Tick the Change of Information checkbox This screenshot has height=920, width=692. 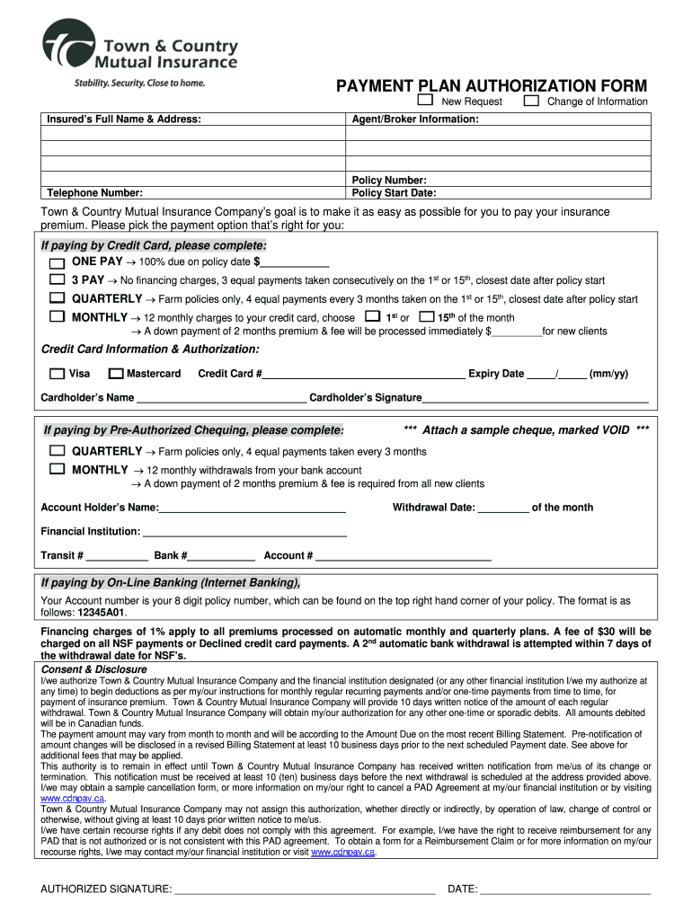tap(531, 101)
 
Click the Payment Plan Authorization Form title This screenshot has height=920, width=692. tap(492, 85)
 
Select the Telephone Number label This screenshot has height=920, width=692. tap(94, 192)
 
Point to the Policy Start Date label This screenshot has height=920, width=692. tap(394, 192)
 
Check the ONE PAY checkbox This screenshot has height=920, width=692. tap(57, 262)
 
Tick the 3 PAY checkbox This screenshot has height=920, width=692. tap(57, 280)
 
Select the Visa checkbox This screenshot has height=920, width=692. tap(57, 374)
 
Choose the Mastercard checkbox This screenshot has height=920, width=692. tap(115, 374)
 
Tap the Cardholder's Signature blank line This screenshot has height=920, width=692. tap(535, 399)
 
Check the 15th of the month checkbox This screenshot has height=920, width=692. tap(426, 317)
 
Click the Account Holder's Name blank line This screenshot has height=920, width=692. tap(253, 509)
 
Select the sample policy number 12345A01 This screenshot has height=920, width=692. tap(102, 612)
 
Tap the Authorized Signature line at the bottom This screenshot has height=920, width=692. tap(305, 891)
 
